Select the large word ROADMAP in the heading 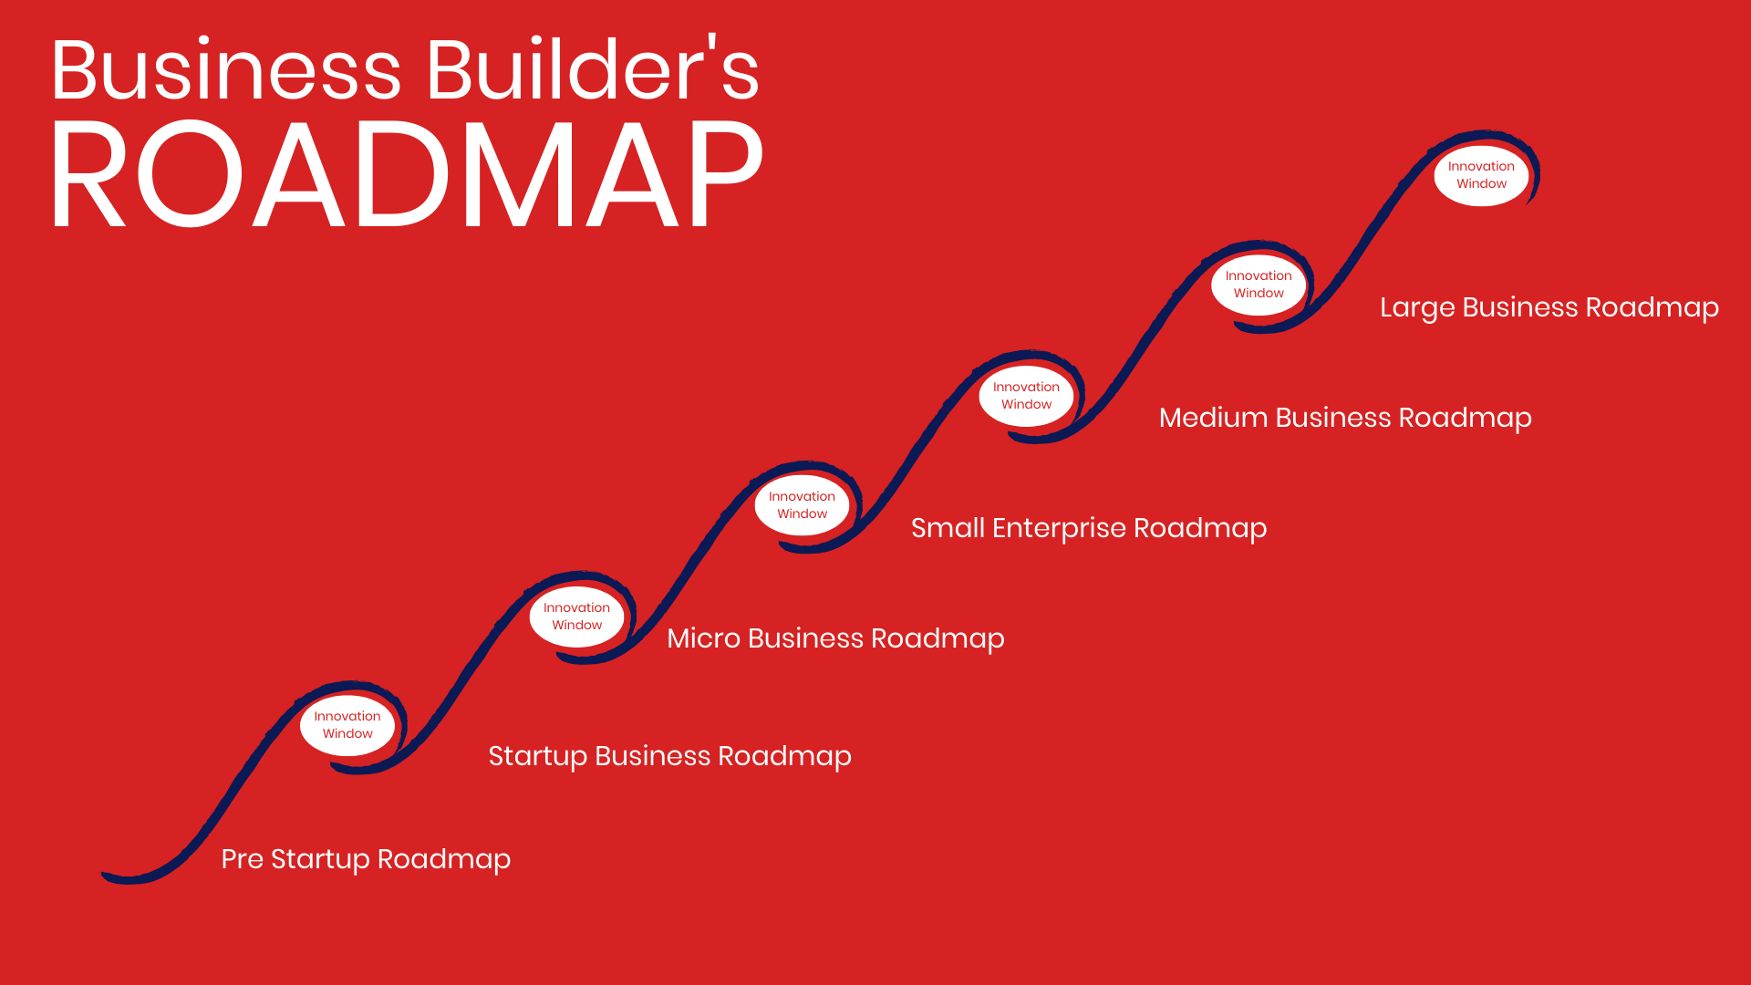pyautogui.click(x=407, y=173)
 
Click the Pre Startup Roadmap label pyautogui.click(x=366, y=859)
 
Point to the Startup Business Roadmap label pyautogui.click(x=670, y=756)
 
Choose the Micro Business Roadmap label pyautogui.click(x=835, y=638)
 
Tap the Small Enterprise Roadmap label pyautogui.click(x=1089, y=528)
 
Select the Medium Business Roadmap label pyautogui.click(x=1345, y=418)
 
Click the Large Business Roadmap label pyautogui.click(x=1549, y=307)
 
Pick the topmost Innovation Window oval pyautogui.click(x=1481, y=175)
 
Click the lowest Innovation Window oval pyautogui.click(x=347, y=725)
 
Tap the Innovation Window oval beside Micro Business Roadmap pyautogui.click(x=576, y=617)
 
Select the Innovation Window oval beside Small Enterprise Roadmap pyautogui.click(x=802, y=505)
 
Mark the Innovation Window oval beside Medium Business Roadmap pyautogui.click(x=1026, y=396)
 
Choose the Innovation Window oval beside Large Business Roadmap pyautogui.click(x=1259, y=285)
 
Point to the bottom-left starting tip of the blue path pyautogui.click(x=103, y=876)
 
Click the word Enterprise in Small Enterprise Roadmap pyautogui.click(x=1059, y=529)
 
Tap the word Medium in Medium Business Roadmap pyautogui.click(x=1214, y=417)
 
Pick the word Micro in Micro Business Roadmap pyautogui.click(x=703, y=638)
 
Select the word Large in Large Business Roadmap pyautogui.click(x=1417, y=308)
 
